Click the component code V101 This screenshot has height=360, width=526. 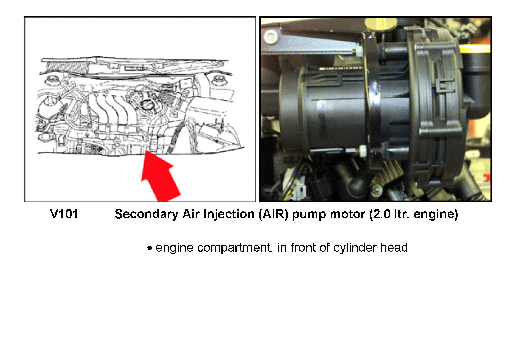click(64, 214)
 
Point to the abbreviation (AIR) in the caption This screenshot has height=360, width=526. click(273, 214)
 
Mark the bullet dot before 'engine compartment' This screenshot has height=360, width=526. click(150, 248)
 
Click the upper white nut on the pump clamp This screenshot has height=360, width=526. click(358, 51)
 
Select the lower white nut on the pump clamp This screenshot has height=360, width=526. click(362, 151)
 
